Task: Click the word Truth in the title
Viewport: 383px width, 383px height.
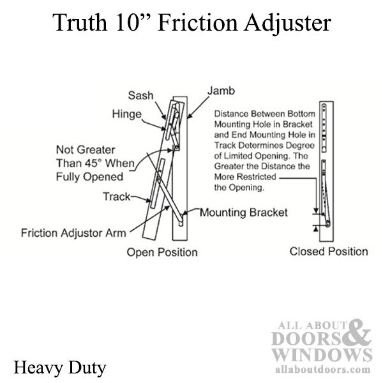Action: click(80, 22)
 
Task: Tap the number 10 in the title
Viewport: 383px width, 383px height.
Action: click(128, 22)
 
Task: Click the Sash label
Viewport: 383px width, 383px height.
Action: click(140, 95)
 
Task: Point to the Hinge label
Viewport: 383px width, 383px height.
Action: click(127, 114)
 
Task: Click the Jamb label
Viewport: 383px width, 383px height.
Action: click(221, 91)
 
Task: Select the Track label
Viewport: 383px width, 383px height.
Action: click(117, 197)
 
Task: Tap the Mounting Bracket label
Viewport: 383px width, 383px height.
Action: click(244, 213)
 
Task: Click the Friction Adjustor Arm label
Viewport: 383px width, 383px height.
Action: click(73, 233)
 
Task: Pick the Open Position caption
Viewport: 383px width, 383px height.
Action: click(162, 252)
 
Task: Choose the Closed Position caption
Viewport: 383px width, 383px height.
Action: click(329, 252)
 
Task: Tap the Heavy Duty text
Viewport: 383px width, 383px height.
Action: click(60, 368)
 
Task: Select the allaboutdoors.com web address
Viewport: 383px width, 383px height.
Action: click(322, 369)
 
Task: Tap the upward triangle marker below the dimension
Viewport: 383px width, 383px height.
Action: click(316, 229)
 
